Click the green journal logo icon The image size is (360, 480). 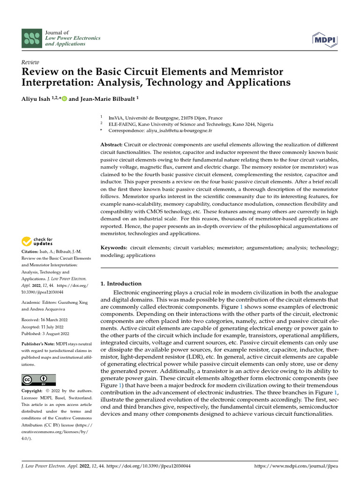[32, 37]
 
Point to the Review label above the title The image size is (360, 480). [30, 62]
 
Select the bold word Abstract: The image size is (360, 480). [112, 145]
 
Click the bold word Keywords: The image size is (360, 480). [114, 247]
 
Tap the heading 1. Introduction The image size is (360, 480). [121, 284]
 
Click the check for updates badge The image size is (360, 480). [37, 242]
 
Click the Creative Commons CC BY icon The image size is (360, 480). [38, 379]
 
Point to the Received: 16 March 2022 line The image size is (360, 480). [45, 320]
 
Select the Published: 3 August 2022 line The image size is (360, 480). [45, 334]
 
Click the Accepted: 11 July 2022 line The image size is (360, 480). [44, 327]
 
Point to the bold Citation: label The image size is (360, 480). [32, 252]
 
